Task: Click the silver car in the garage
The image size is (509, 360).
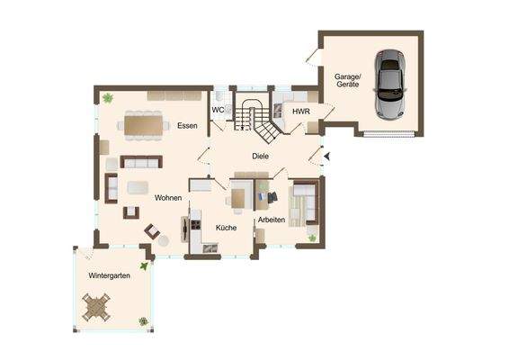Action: [390, 85]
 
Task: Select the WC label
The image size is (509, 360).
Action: [218, 110]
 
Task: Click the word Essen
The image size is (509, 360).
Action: [187, 125]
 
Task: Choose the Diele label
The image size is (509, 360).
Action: [261, 157]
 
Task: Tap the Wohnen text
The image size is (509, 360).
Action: [168, 197]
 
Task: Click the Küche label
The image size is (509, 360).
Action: [226, 228]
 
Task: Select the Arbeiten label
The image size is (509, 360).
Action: [272, 220]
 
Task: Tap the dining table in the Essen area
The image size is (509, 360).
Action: [145, 122]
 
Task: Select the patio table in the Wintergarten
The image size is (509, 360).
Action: [95, 308]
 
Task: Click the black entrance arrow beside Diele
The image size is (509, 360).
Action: [327, 157]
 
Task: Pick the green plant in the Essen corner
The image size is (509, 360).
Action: [108, 97]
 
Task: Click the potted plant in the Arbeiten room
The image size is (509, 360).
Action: [312, 238]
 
